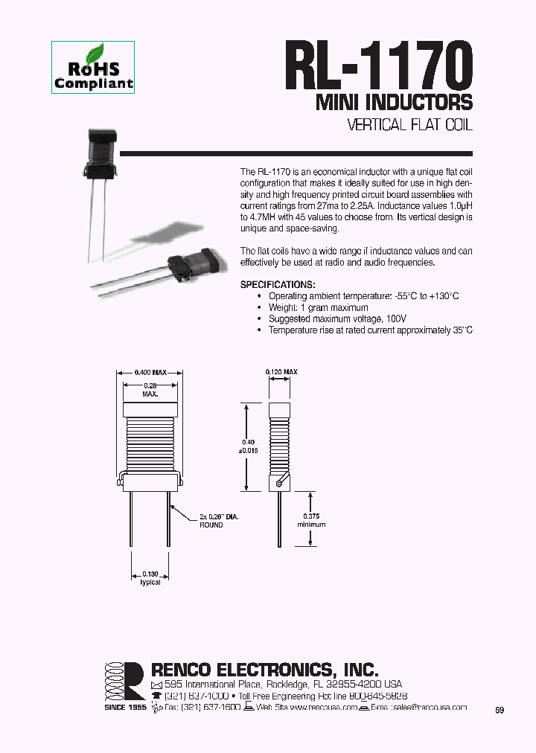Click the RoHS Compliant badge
(x=94, y=68)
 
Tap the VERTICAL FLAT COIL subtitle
(x=410, y=125)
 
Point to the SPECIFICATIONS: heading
(x=278, y=285)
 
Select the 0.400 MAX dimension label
(x=149, y=372)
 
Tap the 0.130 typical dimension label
(x=150, y=578)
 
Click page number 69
(x=500, y=711)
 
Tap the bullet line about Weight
(x=318, y=307)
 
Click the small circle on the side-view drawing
(x=278, y=484)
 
